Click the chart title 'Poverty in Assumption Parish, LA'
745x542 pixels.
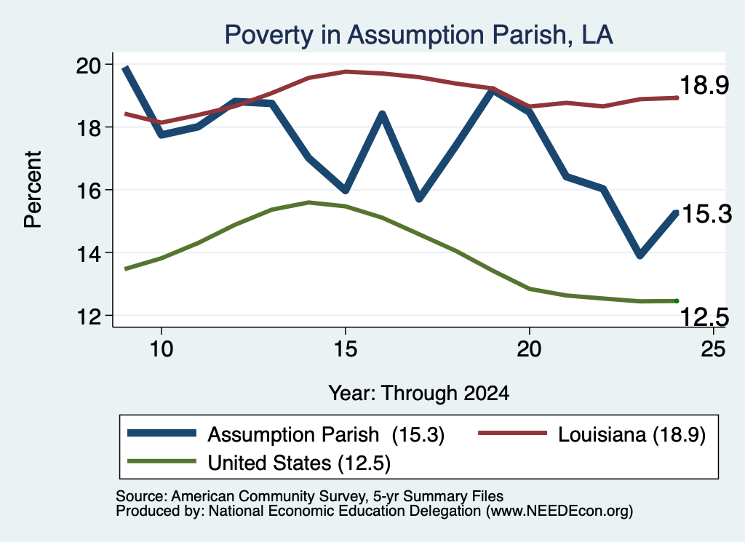pyautogui.click(x=418, y=35)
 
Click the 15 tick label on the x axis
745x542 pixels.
pyautogui.click(x=346, y=349)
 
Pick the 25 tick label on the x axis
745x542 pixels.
pyautogui.click(x=713, y=349)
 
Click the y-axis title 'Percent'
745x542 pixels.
pyautogui.click(x=33, y=190)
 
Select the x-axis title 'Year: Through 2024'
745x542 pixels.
pyautogui.click(x=418, y=394)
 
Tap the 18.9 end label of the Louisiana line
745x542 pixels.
pyautogui.click(x=704, y=86)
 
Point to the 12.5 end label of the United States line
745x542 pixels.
pyautogui.click(x=704, y=317)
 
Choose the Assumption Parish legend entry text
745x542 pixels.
pyautogui.click(x=326, y=434)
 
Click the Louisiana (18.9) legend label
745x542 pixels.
pyautogui.click(x=632, y=434)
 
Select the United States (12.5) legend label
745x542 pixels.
pyautogui.click(x=299, y=463)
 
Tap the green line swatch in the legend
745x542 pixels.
pyautogui.click(x=162, y=461)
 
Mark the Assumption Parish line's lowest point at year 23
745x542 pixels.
pyautogui.click(x=640, y=255)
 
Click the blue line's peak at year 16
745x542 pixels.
pyautogui.click(x=382, y=113)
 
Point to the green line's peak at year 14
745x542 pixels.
pyautogui.click(x=308, y=202)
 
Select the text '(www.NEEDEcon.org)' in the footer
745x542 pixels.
pyautogui.click(x=559, y=511)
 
